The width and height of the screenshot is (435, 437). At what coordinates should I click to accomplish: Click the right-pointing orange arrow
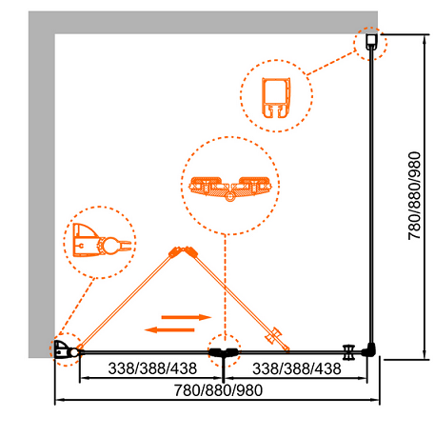point(187,317)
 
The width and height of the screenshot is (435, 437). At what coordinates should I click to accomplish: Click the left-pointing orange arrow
point(169,330)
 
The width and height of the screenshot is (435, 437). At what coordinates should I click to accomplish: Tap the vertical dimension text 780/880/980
point(414,196)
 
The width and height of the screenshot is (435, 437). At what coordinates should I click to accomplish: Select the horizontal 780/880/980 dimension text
point(219,390)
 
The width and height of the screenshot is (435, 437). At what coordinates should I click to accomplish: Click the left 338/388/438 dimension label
point(152,368)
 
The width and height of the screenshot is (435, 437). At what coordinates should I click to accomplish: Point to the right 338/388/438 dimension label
point(297,368)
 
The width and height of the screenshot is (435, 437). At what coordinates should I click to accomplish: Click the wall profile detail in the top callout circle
point(276,98)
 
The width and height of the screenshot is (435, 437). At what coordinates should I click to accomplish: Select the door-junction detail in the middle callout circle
point(230,189)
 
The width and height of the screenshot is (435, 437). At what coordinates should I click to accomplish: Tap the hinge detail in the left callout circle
point(102,240)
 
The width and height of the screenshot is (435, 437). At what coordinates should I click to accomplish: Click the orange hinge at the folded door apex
point(183,252)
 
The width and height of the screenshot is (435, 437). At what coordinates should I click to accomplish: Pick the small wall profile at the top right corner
point(371,42)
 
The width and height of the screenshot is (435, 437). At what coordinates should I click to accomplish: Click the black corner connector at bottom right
point(369,350)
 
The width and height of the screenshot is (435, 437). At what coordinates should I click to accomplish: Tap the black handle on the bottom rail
point(349,352)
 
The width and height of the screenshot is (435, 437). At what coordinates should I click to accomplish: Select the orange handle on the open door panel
point(274,336)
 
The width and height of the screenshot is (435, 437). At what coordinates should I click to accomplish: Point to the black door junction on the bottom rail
point(224,352)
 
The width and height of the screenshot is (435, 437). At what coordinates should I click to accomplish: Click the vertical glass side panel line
point(371,197)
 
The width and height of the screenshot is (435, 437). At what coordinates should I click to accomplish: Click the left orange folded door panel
point(127,300)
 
